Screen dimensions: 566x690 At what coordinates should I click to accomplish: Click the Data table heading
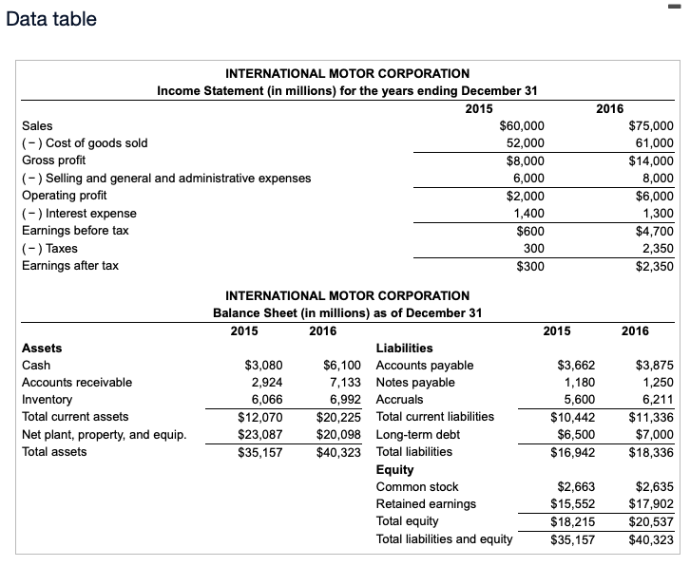pyautogui.click(x=51, y=19)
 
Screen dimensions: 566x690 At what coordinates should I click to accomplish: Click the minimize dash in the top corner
pyautogui.click(x=680, y=9)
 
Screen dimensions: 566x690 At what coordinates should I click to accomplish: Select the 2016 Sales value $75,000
pyautogui.click(x=651, y=125)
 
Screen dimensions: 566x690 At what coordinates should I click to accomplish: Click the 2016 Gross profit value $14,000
pyautogui.click(x=651, y=160)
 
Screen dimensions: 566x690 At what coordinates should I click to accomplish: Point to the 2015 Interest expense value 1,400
pyautogui.click(x=528, y=214)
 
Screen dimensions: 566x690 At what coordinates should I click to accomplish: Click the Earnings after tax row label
pyautogui.click(x=69, y=266)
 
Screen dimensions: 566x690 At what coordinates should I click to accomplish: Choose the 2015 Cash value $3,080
pyautogui.click(x=263, y=366)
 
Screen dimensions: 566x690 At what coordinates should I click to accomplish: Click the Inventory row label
pyautogui.click(x=47, y=400)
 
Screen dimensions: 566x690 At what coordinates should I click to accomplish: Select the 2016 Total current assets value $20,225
pyautogui.click(x=338, y=417)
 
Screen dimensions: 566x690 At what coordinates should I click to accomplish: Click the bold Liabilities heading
pyautogui.click(x=404, y=349)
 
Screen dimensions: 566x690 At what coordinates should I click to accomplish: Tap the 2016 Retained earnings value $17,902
pyautogui.click(x=650, y=504)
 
